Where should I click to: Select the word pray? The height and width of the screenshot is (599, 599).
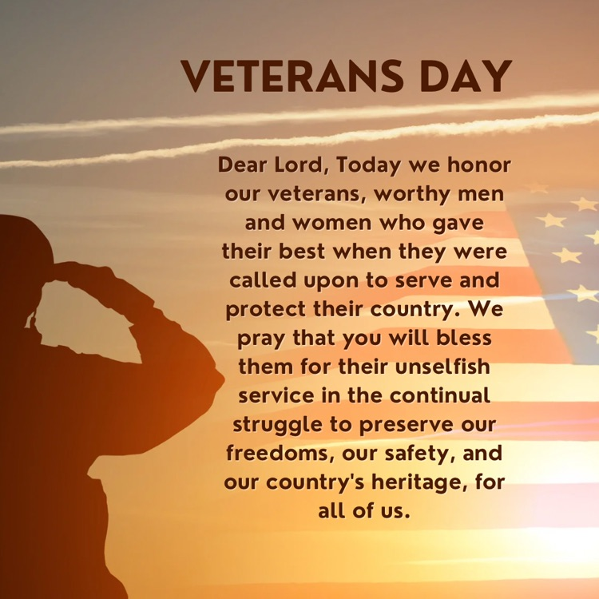268,339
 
